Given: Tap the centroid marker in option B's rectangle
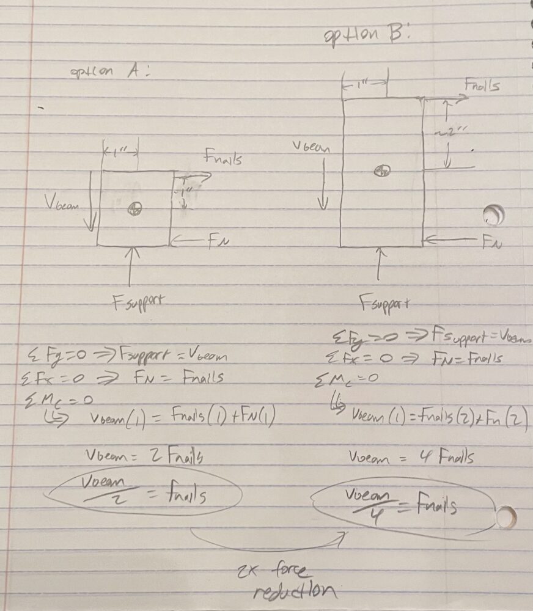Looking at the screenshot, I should point(383,171).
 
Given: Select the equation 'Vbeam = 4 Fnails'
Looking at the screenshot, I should point(411,458).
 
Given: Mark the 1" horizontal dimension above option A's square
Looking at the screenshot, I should point(120,150).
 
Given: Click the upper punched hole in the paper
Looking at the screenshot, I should point(493,215).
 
